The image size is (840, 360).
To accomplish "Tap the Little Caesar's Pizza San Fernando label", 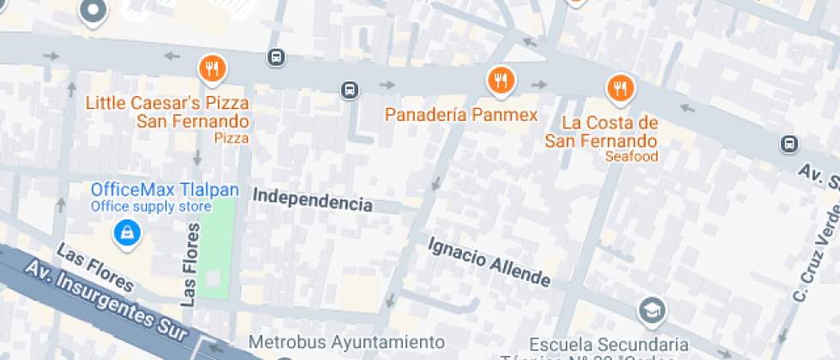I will pos(168,112).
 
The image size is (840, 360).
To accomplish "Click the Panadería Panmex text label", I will pos(460,115).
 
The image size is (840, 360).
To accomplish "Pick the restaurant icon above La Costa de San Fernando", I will pos(620,87).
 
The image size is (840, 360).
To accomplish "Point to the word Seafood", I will pos(631,157).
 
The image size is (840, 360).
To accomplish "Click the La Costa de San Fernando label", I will pos(601,131).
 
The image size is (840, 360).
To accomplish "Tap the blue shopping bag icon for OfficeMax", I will pos(127,231).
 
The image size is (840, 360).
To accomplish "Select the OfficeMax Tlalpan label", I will pos(165,189).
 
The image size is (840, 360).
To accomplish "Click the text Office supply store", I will pos(151,207).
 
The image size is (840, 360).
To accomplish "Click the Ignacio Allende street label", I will pos(489,261).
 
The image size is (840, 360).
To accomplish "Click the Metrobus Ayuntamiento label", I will pos(346,341).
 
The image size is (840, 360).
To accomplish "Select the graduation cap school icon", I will pos(651,310).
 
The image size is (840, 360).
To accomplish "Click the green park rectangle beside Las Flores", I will pos(213,249).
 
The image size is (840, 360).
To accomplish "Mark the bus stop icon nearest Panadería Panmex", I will pos(349,90).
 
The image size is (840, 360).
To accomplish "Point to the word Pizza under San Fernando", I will pos(231,137).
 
